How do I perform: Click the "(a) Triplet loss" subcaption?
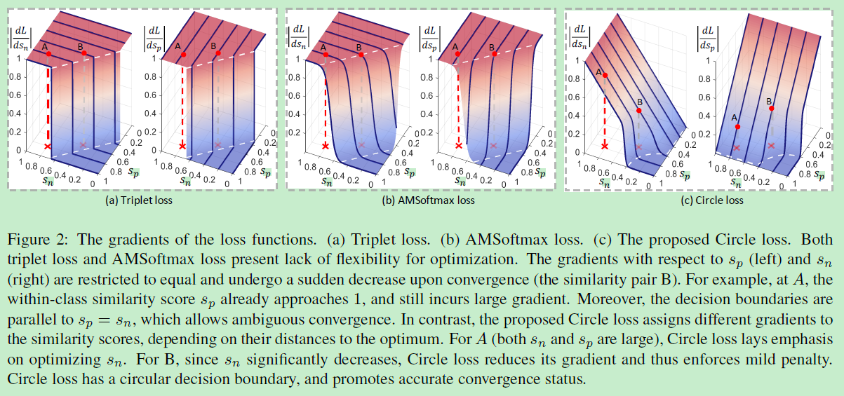coord(138,200)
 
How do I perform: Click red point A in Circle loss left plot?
coord(605,75)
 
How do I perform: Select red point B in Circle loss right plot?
coord(771,109)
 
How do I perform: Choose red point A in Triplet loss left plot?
coord(48,53)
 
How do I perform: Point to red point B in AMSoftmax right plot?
coord(493,53)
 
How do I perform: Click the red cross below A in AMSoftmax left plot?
coord(325,146)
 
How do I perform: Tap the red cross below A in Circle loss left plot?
coord(605,146)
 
